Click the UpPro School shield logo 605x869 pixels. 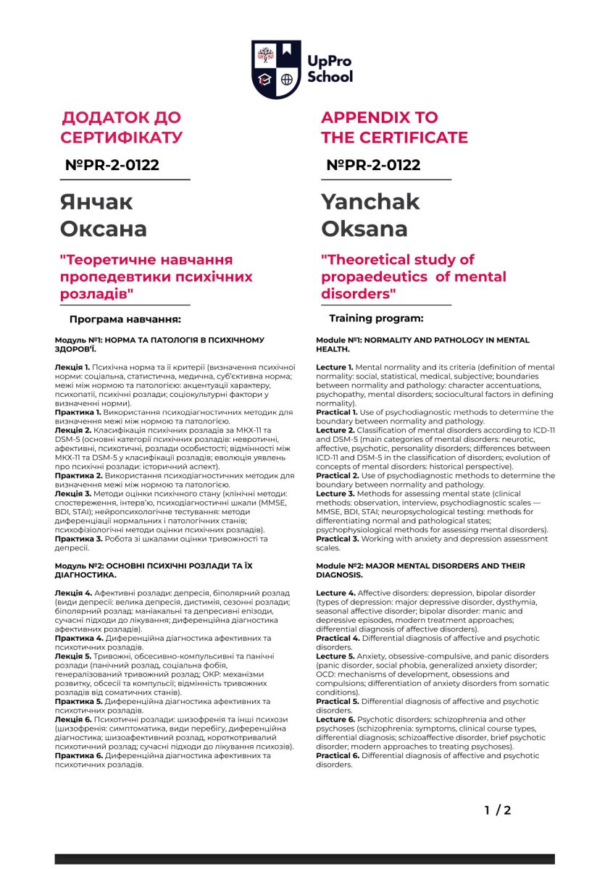click(x=275, y=69)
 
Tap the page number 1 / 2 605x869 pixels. click(x=498, y=810)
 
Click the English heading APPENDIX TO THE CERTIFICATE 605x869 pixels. click(x=394, y=127)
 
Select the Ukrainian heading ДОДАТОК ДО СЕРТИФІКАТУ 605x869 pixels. click(x=122, y=127)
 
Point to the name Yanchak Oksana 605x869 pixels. click(x=370, y=215)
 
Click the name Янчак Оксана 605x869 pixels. click(x=104, y=215)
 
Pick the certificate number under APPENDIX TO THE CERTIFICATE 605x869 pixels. click(x=373, y=165)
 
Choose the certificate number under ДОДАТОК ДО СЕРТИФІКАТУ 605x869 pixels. click(x=112, y=165)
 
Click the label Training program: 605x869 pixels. click(x=376, y=318)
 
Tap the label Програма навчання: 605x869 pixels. click(x=125, y=319)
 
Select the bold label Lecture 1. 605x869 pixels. click(x=335, y=368)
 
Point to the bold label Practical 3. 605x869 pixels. click(x=337, y=539)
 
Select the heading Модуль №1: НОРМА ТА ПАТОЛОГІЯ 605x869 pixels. click(x=159, y=344)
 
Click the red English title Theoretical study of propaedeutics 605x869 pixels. click(x=413, y=277)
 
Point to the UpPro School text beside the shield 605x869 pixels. click(x=330, y=69)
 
